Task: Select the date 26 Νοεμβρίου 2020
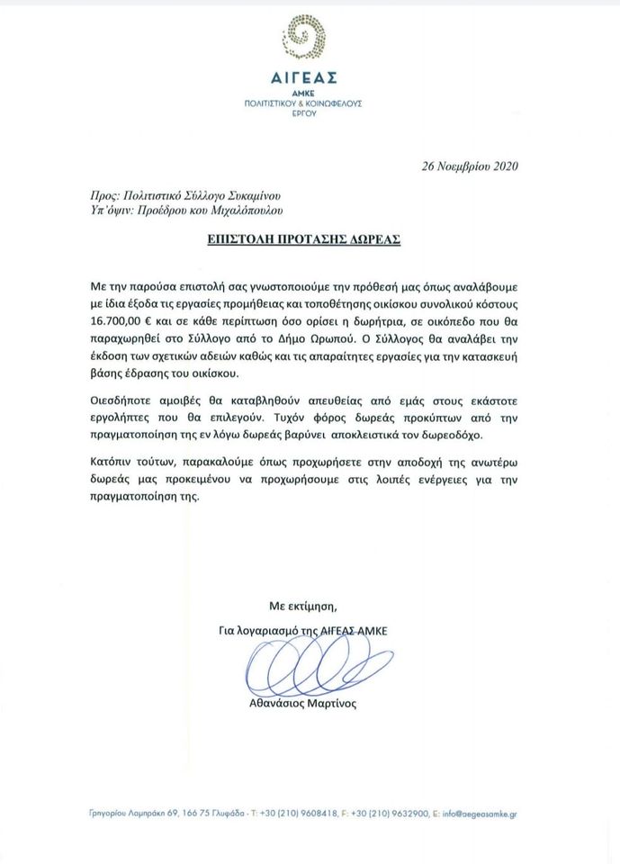point(470,166)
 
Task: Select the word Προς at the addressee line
point(105,194)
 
